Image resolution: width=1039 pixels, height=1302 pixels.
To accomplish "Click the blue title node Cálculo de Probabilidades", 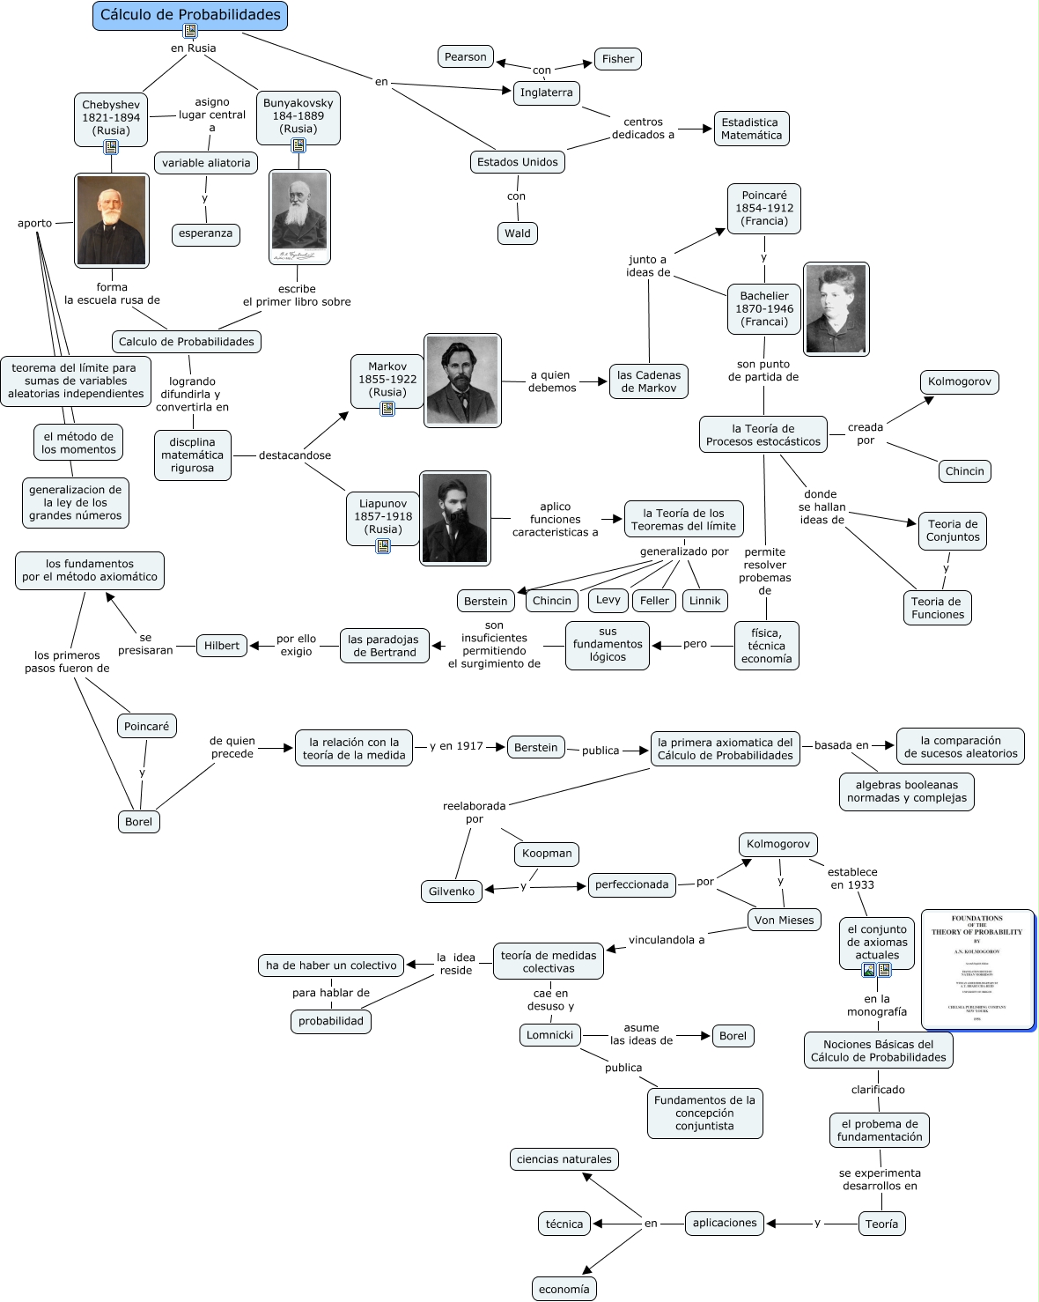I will [x=190, y=15].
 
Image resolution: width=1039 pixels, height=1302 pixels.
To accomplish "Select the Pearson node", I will [x=465, y=57].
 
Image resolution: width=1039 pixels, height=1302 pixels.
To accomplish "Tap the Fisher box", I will [x=617, y=59].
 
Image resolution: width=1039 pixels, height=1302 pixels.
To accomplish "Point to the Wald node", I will [x=517, y=233].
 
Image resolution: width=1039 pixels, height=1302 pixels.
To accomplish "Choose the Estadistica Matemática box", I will [x=751, y=129].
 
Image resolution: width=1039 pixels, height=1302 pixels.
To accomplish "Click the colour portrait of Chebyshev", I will [x=112, y=220].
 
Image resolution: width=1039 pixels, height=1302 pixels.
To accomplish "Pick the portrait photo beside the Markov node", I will [x=462, y=381].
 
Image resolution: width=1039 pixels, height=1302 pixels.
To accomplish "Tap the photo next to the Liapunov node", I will [x=454, y=518].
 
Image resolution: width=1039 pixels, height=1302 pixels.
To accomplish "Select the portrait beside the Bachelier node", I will [x=836, y=309].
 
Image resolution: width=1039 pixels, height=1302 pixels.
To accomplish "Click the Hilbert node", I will [x=222, y=646].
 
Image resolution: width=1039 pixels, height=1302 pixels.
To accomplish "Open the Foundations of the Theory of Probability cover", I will [x=977, y=969].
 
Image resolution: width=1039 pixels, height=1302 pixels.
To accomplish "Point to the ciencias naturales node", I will [x=564, y=1159].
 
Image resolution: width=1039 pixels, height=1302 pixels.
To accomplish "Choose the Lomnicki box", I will [x=549, y=1035].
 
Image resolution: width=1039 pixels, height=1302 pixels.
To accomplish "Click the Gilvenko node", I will [x=452, y=891].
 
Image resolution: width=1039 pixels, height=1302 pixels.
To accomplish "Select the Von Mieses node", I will [x=784, y=921].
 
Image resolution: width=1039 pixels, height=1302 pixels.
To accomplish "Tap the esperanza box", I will [x=205, y=233].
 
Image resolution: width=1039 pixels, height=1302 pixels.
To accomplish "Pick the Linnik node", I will [x=704, y=601].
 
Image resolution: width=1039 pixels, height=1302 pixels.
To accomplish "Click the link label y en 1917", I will [x=456, y=746].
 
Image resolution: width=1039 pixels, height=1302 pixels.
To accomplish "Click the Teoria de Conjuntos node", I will [x=953, y=530].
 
